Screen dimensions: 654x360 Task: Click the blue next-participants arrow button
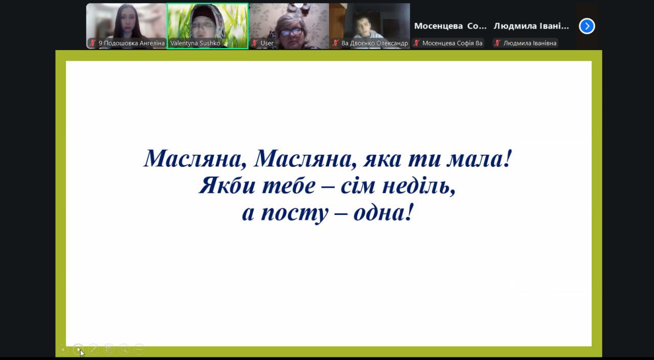587,26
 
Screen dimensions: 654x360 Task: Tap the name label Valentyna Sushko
195,43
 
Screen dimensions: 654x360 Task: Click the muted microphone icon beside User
254,43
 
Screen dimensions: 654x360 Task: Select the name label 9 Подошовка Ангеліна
131,43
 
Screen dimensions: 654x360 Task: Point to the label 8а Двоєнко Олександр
375,43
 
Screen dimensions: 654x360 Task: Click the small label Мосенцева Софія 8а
452,43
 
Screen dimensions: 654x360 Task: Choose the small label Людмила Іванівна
530,43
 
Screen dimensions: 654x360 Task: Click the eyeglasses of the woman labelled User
291,32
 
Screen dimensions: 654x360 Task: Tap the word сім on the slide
358,186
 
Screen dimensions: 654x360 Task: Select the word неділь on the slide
418,186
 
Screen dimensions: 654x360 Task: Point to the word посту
295,213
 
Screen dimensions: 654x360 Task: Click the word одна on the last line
380,212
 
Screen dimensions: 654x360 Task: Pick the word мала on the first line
476,159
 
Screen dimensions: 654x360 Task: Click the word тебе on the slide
289,186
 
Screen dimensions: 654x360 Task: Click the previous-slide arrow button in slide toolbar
63,349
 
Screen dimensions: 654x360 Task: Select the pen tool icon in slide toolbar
94,349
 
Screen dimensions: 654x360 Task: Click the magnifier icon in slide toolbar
124,349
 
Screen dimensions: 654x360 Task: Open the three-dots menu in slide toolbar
139,349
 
